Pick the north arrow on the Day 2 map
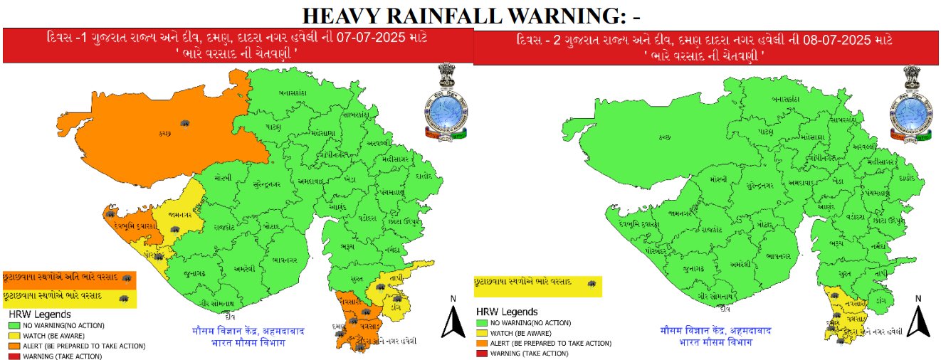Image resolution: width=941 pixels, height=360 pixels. click(918, 318)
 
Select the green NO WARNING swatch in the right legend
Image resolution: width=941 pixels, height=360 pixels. click(480, 322)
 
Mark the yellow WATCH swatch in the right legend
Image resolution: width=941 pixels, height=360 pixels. click(480, 332)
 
